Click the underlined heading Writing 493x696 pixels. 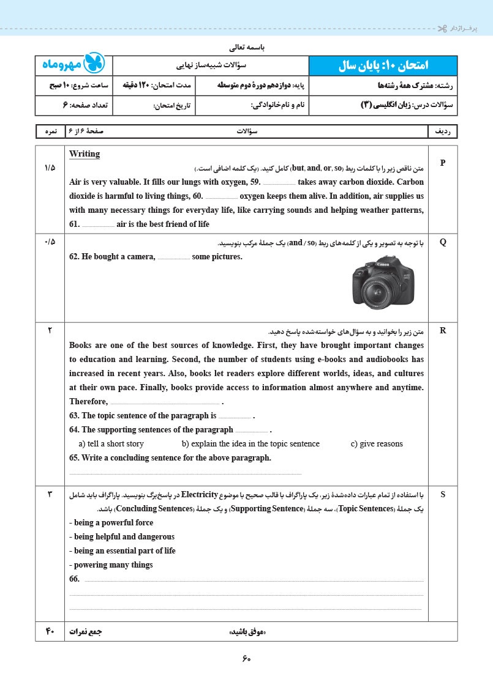click(x=85, y=154)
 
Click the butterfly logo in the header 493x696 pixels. click(x=94, y=64)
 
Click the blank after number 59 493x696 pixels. click(x=279, y=182)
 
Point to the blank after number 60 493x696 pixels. click(x=221, y=196)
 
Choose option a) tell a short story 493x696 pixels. click(x=111, y=444)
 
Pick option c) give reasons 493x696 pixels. click(x=377, y=444)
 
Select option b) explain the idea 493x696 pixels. click(x=250, y=444)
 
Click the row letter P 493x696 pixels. click(x=443, y=163)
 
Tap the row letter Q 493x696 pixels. click(x=443, y=242)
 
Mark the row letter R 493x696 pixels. click(x=443, y=331)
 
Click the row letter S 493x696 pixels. click(x=443, y=495)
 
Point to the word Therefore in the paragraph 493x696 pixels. click(x=88, y=402)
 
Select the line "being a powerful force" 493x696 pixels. click(x=111, y=523)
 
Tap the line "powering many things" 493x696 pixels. click(x=111, y=565)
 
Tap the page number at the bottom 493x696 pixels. click(x=246, y=659)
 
